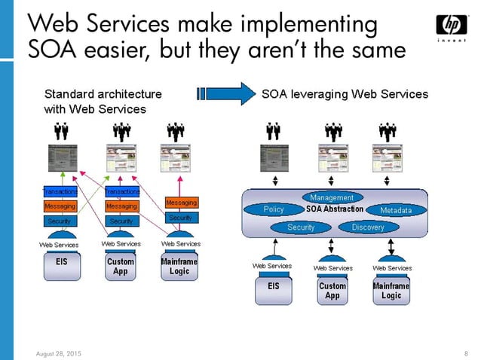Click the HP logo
452,27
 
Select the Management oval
332,197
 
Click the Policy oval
274,209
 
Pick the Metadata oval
396,210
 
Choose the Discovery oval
367,227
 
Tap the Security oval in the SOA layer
301,227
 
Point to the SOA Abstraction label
335,209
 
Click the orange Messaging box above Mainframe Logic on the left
181,203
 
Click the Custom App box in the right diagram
332,291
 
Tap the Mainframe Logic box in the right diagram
391,291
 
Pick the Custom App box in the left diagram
121,267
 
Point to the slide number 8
467,352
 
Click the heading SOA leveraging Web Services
345,95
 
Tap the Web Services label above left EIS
58,244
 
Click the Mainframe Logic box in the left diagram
180,267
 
